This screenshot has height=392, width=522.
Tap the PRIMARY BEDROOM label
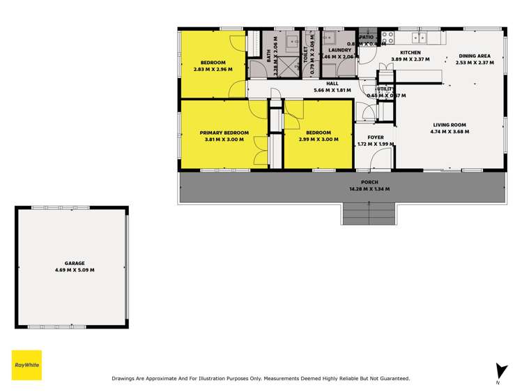coord(224,133)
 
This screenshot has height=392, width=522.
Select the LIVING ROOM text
coord(449,124)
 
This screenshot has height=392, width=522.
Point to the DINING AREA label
coord(475,56)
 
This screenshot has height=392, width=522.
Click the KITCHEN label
coord(409,52)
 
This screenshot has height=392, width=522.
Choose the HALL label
coord(332,83)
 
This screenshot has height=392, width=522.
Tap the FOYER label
coord(376,137)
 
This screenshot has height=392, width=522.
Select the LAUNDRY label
coord(339,50)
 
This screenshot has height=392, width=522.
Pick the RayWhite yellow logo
coord(26,365)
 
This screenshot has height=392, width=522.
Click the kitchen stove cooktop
coord(388,36)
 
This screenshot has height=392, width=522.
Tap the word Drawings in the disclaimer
coord(124,379)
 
